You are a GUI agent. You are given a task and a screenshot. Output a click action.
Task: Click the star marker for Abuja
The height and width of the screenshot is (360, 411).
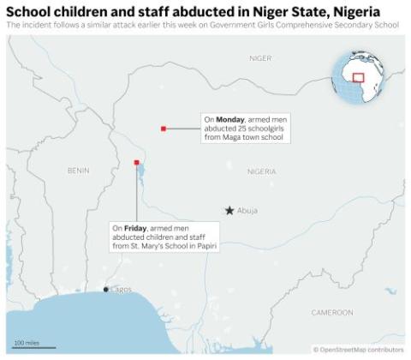tap(229, 210)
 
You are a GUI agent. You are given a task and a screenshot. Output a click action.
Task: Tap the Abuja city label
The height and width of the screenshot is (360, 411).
tap(247, 211)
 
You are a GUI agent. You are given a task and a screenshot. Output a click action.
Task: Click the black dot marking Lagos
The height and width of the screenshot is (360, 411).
tap(106, 289)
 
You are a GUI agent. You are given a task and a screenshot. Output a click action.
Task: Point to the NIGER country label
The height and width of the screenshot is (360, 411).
tap(259, 58)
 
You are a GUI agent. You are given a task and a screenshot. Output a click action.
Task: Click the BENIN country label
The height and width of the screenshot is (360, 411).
tap(78, 171)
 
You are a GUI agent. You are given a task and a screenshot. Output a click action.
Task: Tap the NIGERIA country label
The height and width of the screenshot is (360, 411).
tap(261, 171)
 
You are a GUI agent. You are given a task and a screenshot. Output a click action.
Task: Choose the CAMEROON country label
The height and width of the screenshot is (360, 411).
tap(331, 312)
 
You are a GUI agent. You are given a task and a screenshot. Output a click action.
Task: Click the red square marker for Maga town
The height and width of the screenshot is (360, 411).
tap(163, 129)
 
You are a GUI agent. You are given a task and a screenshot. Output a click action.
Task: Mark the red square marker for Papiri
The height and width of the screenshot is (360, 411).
tap(136, 162)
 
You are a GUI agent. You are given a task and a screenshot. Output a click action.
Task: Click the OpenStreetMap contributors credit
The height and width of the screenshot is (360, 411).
tap(359, 350)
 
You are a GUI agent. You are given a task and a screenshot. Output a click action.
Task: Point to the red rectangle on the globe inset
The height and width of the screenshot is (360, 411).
tap(358, 77)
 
